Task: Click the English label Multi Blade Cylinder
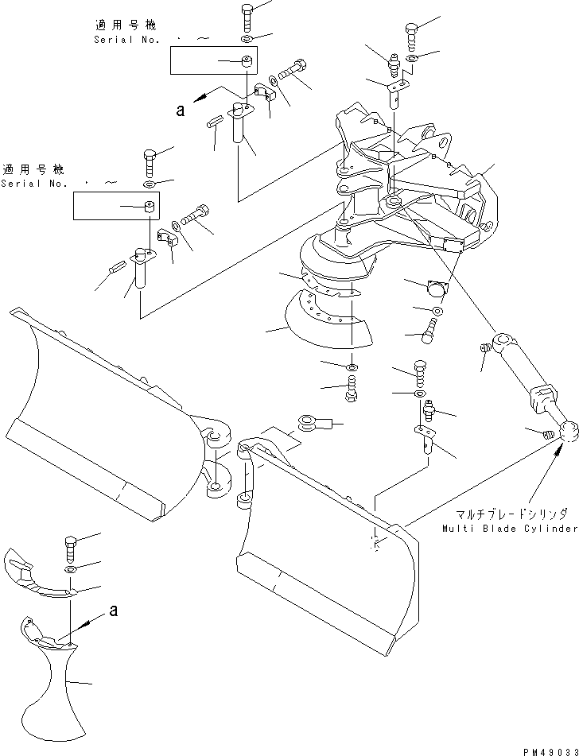click(510, 529)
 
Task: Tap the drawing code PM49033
click(550, 751)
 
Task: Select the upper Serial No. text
click(127, 40)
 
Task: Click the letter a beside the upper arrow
click(181, 111)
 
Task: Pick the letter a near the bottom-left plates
click(114, 611)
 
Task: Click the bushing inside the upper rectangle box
click(248, 62)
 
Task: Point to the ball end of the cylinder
click(569, 431)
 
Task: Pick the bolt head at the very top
click(246, 10)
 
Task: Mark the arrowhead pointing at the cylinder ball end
click(558, 452)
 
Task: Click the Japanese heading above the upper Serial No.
click(125, 25)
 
